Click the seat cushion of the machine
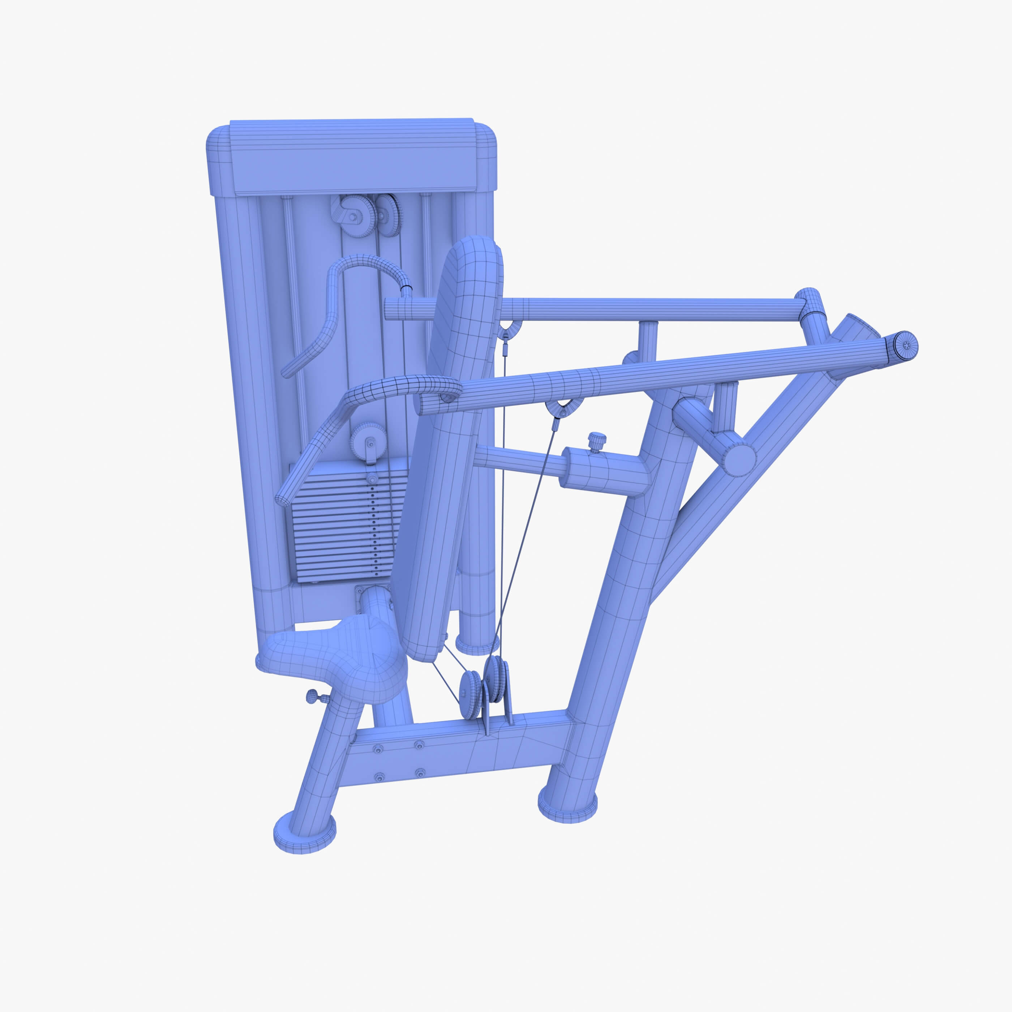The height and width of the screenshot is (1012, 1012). click(x=335, y=655)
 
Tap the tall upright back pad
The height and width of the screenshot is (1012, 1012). click(x=450, y=445)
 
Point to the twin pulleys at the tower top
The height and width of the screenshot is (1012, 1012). click(x=366, y=215)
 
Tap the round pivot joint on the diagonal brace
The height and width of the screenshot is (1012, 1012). click(x=739, y=459)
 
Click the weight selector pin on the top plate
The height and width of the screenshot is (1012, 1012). click(x=372, y=479)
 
